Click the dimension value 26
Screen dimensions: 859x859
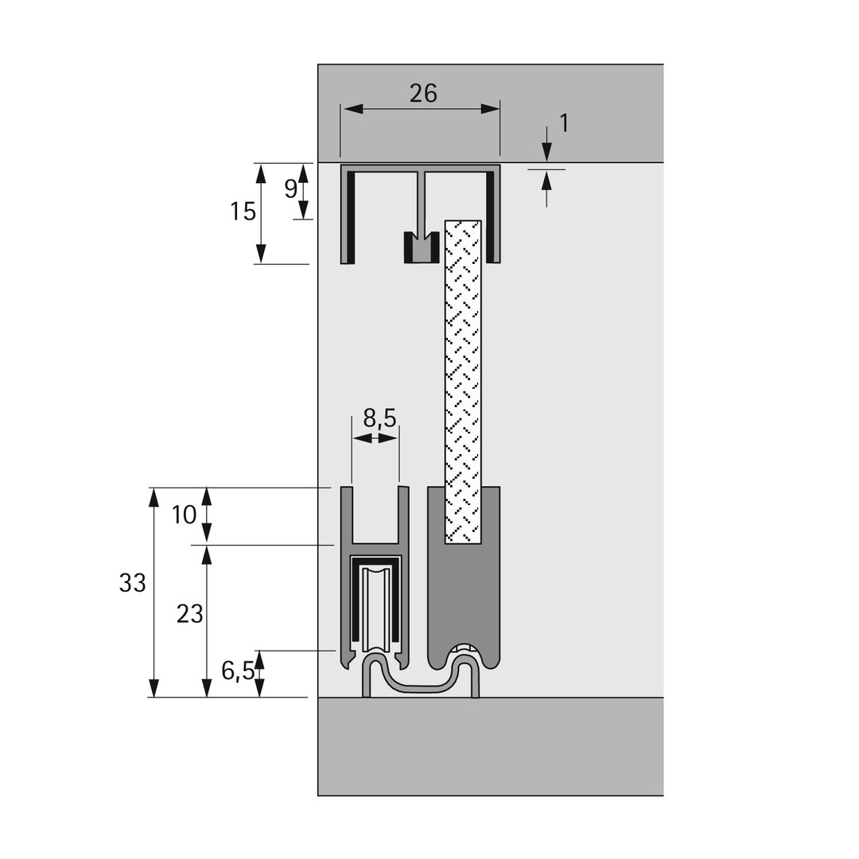point(423,94)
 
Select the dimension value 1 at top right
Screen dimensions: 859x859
point(564,123)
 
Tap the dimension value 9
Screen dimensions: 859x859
point(290,189)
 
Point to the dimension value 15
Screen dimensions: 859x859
point(243,212)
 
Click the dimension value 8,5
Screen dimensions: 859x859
point(379,418)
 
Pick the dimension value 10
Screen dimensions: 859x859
point(184,515)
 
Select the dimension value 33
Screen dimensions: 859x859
point(132,583)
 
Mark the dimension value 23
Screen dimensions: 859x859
point(189,614)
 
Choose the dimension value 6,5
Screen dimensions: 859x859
point(237,672)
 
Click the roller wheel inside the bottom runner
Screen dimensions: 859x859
point(377,608)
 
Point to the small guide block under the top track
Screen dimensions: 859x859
point(421,248)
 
